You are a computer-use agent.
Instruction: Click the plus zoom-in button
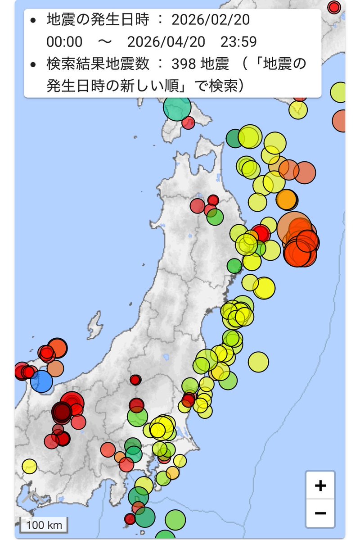[320, 486]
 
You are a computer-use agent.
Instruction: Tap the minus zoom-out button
[320, 513]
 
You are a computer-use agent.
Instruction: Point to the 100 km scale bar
[44, 525]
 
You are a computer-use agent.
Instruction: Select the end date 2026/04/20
[166, 42]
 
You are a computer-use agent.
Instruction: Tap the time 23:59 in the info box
[238, 42]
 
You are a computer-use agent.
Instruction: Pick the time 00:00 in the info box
[64, 42]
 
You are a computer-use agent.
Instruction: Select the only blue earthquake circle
[42, 381]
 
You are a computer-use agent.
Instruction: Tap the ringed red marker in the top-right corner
[334, 7]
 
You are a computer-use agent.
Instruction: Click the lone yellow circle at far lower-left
[29, 466]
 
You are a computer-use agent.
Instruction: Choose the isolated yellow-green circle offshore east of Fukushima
[258, 362]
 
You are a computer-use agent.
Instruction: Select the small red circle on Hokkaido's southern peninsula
[188, 123]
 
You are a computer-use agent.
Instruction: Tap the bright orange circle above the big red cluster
[286, 200]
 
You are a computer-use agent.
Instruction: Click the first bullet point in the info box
[32, 20]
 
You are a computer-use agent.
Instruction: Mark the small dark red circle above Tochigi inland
[135, 380]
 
